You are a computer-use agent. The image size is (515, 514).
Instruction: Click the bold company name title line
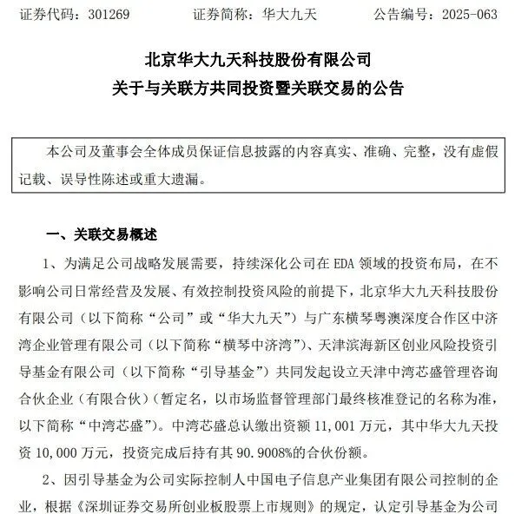pyautogui.click(x=257, y=62)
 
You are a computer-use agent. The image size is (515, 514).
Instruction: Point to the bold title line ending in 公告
pyautogui.click(x=257, y=89)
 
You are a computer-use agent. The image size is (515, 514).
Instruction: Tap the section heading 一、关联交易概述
pyautogui.click(x=102, y=234)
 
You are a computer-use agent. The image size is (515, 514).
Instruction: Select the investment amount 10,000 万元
pyautogui.click(x=74, y=451)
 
